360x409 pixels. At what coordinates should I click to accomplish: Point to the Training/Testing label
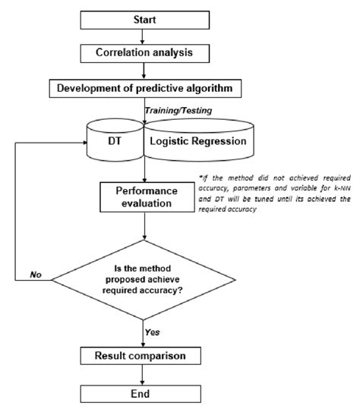point(180,112)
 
